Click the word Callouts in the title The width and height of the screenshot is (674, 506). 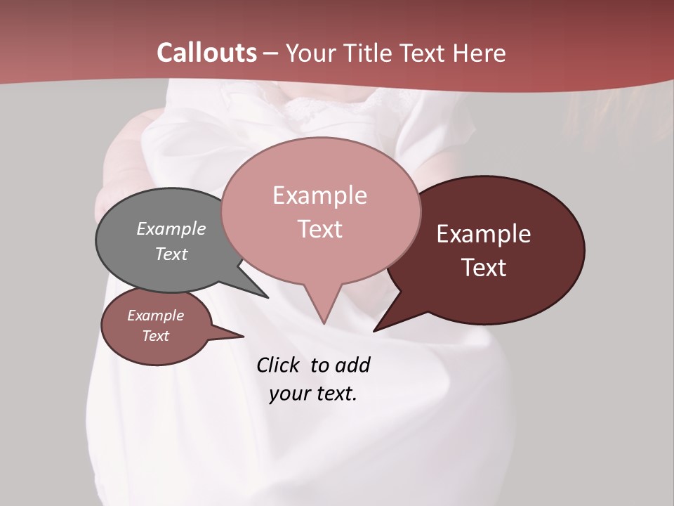[206, 53]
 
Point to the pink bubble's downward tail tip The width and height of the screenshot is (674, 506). [324, 323]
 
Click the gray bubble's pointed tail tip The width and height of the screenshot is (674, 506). [267, 297]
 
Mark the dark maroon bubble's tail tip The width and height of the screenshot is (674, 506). [375, 330]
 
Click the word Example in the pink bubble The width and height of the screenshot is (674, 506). [320, 195]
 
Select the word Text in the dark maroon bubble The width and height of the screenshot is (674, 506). [484, 268]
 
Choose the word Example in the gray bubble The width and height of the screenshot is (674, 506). [171, 228]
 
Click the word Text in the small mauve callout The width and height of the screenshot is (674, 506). [156, 336]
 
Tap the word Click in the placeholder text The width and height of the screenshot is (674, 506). [278, 365]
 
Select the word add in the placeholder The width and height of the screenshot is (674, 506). [352, 365]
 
